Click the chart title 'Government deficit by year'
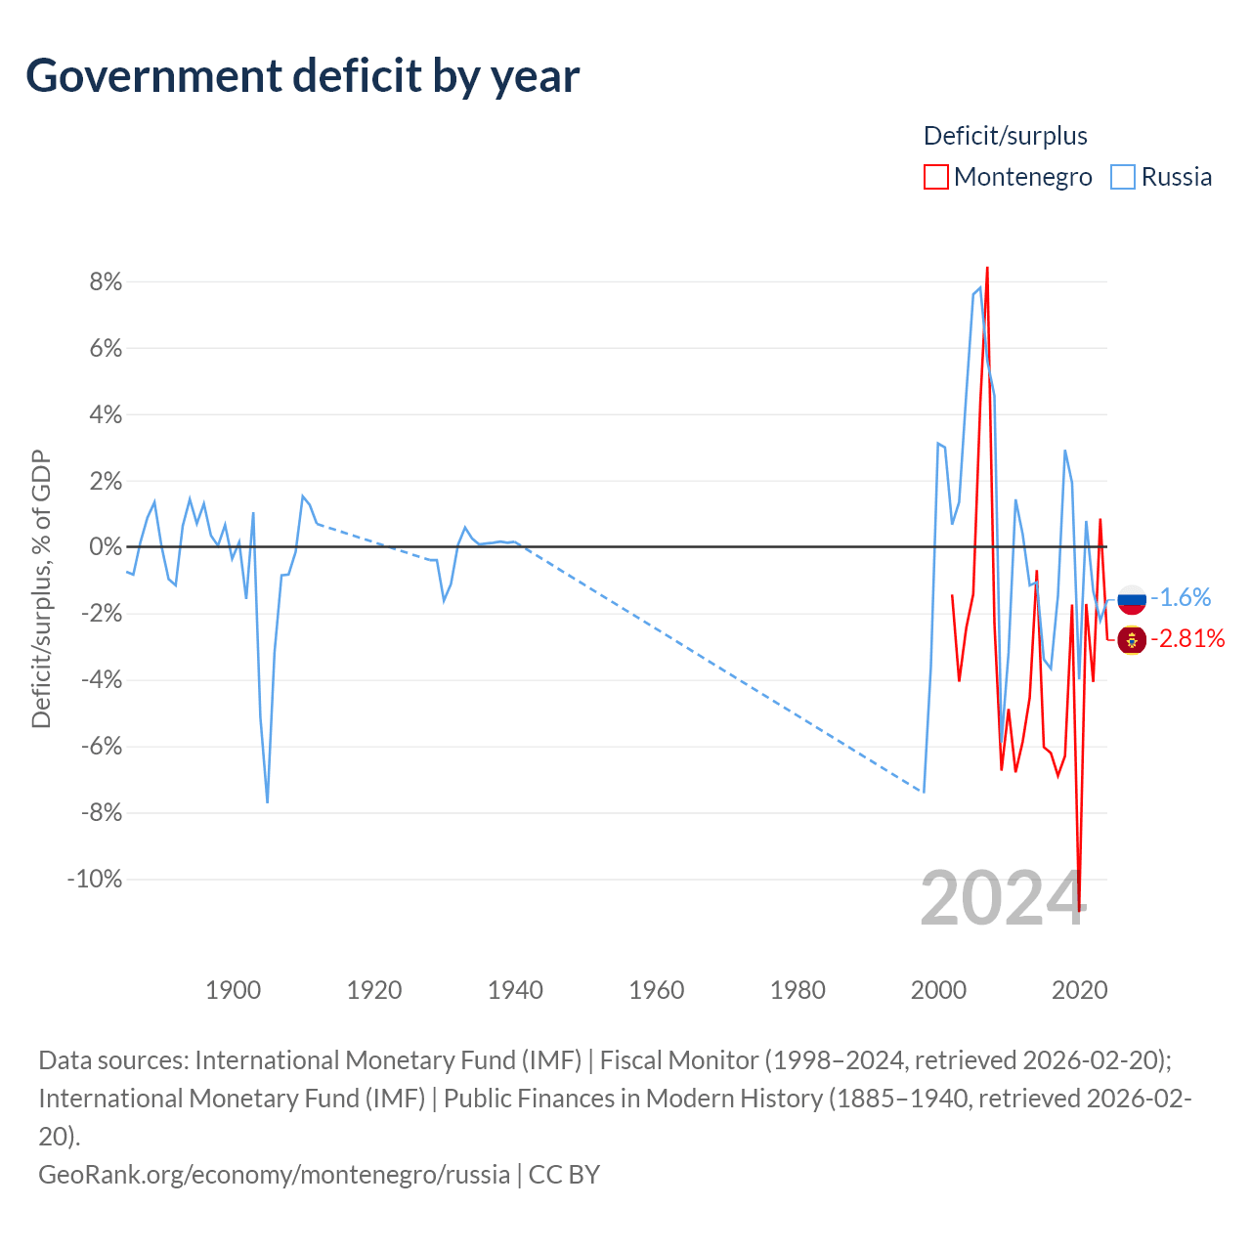302,76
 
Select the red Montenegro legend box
935,177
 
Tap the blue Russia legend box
1122,177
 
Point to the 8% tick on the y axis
106,281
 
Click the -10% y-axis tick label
95,879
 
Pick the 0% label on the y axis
106,546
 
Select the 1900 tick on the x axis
233,990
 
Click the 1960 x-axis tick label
657,990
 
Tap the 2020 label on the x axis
1080,990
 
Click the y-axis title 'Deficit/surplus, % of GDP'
42,588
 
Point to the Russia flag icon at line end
1132,599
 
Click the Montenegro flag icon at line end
1132,640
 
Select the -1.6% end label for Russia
1181,597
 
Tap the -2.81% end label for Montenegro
1188,639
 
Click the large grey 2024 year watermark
1004,898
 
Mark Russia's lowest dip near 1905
268,802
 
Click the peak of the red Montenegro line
987,267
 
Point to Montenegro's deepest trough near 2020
1079,910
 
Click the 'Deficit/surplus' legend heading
1006,136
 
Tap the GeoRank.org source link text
274,1175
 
